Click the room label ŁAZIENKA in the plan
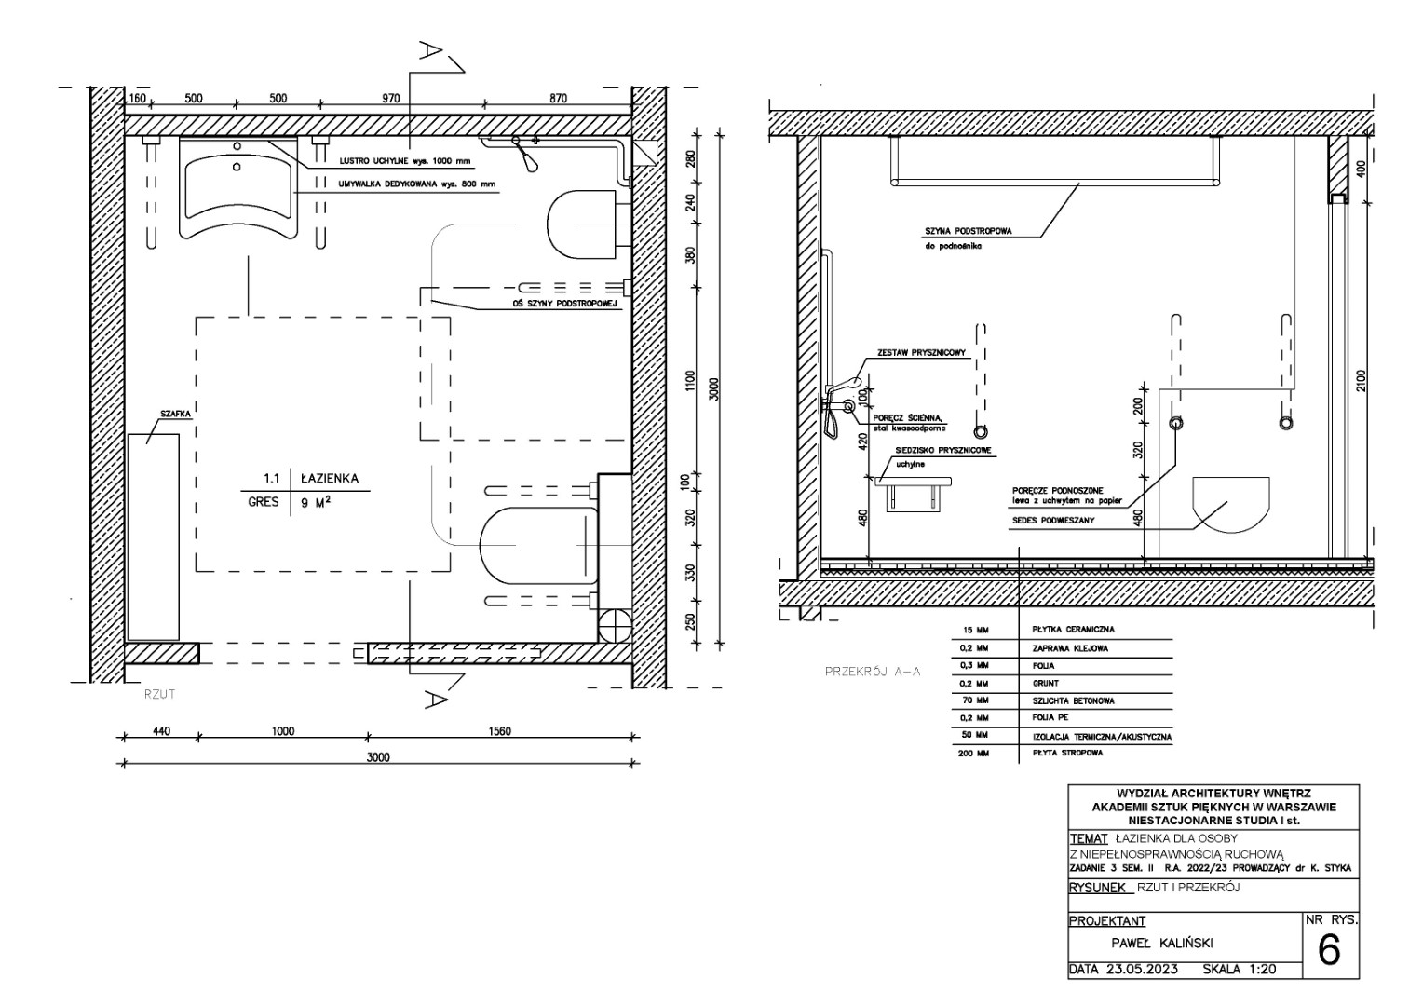pyautogui.click(x=330, y=479)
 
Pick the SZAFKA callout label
pyautogui.click(x=175, y=414)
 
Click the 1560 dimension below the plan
pyautogui.click(x=499, y=731)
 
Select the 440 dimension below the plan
pyautogui.click(x=161, y=731)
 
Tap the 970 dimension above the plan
pyautogui.click(x=391, y=99)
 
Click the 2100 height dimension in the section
pyautogui.click(x=1361, y=380)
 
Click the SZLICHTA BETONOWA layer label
pyautogui.click(x=1074, y=701)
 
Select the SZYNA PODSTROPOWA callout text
pyautogui.click(x=969, y=231)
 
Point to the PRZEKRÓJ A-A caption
pyautogui.click(x=873, y=671)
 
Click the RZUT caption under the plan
pyautogui.click(x=159, y=694)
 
